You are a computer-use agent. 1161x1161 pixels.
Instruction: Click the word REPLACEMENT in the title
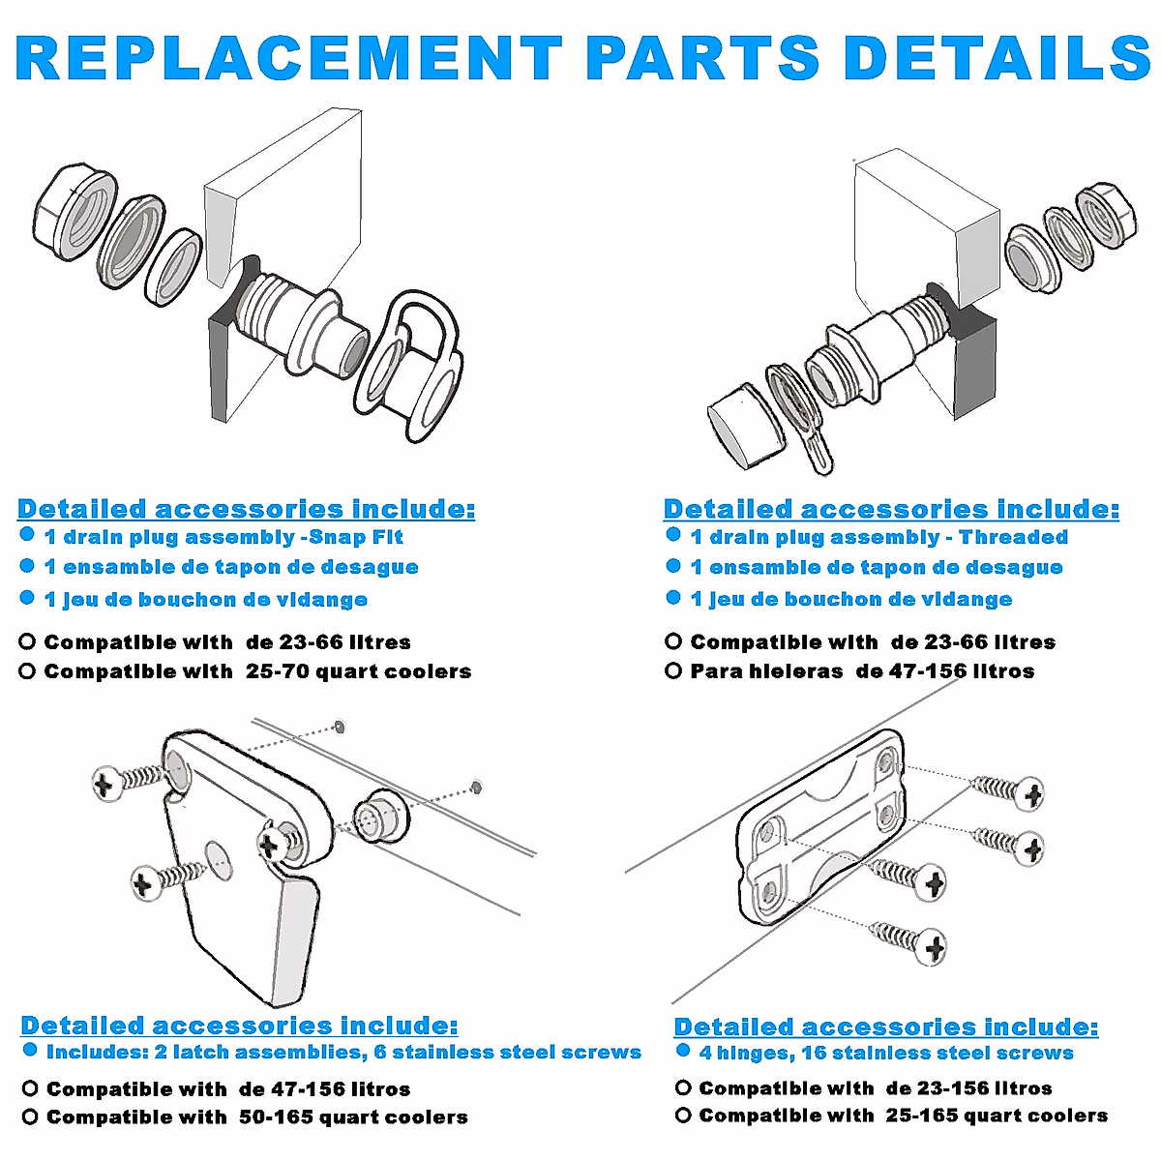288,57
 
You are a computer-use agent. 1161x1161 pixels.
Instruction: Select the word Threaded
1013,537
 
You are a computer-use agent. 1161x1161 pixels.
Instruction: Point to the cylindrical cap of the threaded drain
745,427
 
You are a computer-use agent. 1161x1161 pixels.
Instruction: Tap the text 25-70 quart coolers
359,671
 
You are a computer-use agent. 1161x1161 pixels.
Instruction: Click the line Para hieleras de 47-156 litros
862,670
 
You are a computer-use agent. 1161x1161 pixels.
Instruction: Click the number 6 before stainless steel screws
379,1052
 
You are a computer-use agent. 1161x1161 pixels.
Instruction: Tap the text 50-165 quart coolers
354,1117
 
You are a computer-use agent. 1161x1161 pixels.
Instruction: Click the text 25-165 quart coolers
997,1116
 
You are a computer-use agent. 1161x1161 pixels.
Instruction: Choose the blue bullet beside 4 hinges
683,1051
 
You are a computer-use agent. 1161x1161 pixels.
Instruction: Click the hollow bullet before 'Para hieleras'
673,670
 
